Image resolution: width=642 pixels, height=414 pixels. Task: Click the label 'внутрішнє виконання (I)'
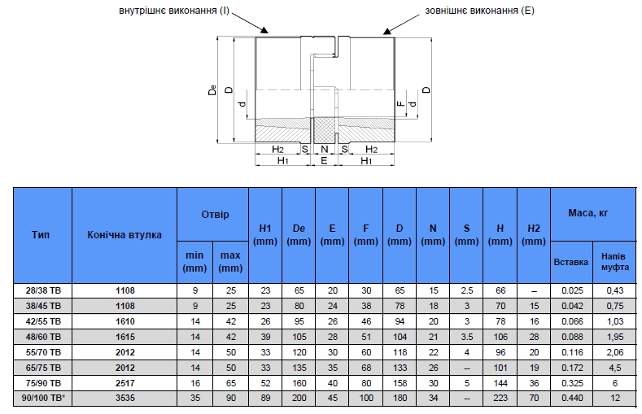tap(174, 11)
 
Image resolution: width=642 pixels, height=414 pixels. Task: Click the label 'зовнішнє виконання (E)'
tap(479, 11)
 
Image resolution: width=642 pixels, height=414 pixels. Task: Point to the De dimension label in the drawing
tap(212, 89)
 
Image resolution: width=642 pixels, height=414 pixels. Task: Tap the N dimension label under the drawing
tap(325, 150)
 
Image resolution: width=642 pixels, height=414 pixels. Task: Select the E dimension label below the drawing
tap(324, 160)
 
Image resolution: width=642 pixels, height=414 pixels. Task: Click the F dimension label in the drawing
tap(401, 103)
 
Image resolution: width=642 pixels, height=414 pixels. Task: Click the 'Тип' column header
tap(41, 235)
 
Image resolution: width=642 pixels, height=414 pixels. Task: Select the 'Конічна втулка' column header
tap(124, 235)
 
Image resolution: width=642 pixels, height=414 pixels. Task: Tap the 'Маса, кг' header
tap(588, 213)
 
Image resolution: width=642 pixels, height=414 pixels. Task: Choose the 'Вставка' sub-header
tap(570, 262)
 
